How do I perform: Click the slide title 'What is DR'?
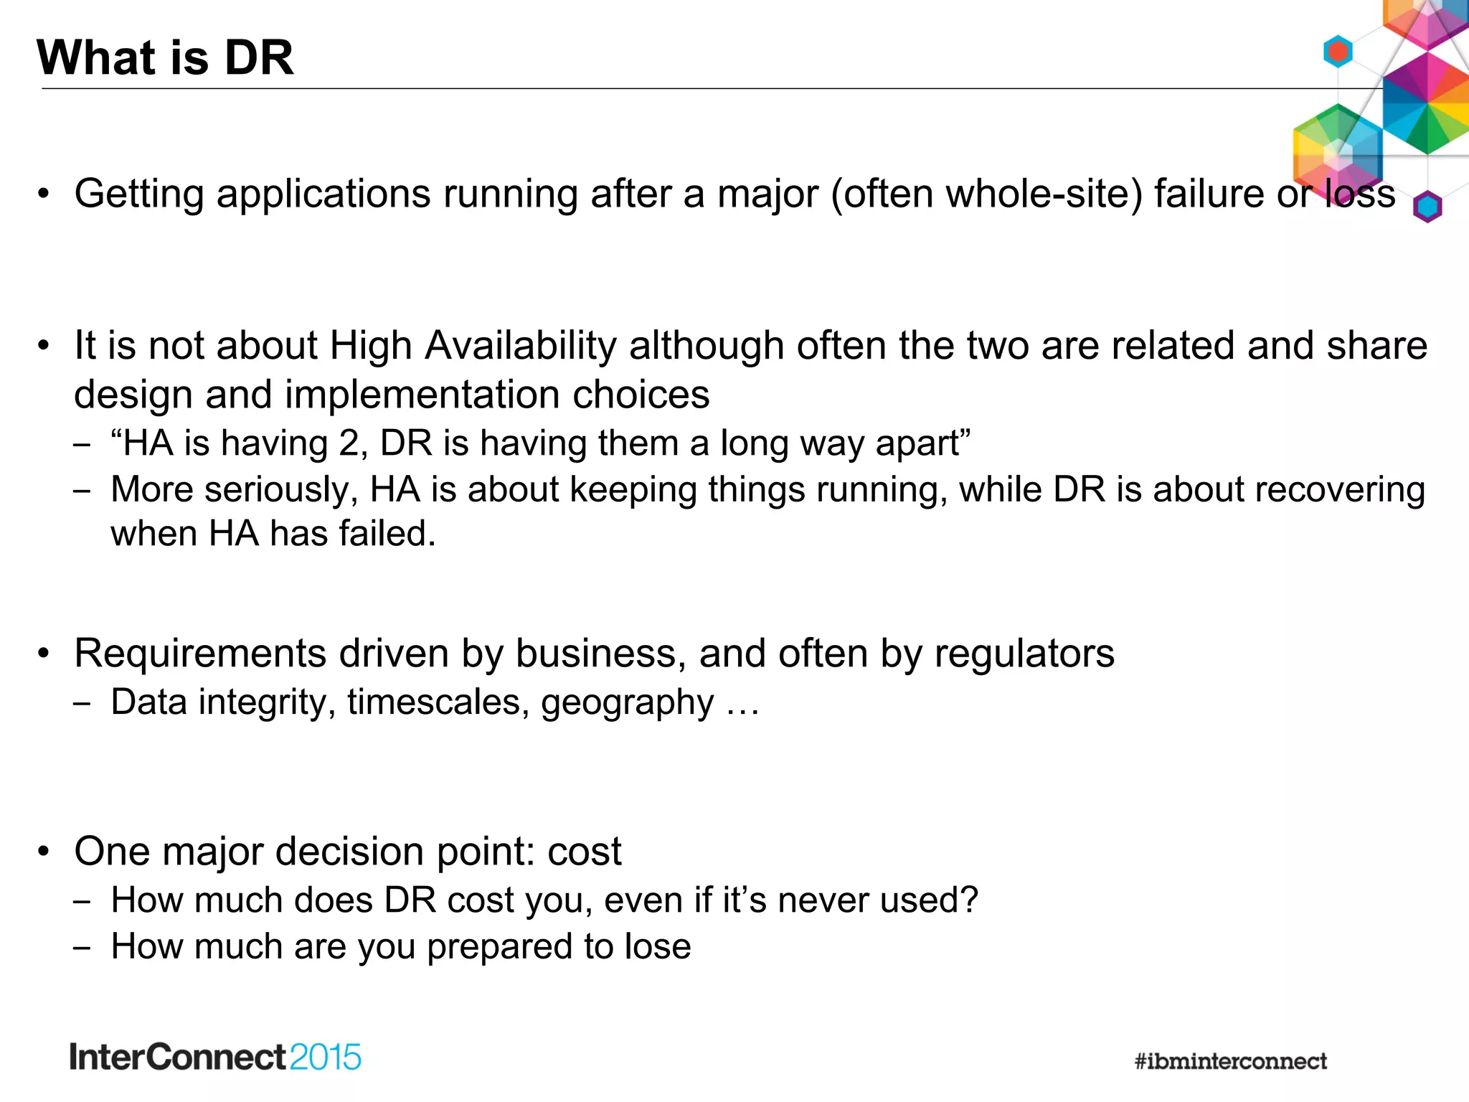(x=165, y=57)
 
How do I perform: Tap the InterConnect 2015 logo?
(x=215, y=1058)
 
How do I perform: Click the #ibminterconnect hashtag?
(x=1230, y=1061)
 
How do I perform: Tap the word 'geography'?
(x=627, y=703)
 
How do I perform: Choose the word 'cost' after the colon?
(x=584, y=852)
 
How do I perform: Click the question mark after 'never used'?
(x=970, y=900)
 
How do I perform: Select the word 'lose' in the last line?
(x=658, y=946)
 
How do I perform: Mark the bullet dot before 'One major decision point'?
(x=44, y=852)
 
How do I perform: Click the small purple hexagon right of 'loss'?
(x=1427, y=207)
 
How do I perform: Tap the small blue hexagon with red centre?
(x=1338, y=52)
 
